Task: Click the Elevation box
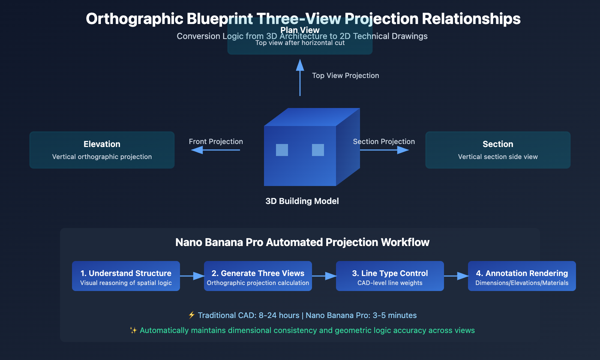tap(102, 150)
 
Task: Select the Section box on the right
tap(498, 150)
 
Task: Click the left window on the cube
tap(282, 150)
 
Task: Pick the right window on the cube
tap(318, 150)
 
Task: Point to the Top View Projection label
tap(345, 76)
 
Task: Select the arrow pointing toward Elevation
tap(215, 150)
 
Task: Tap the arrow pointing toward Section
tap(384, 150)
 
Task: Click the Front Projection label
tap(216, 142)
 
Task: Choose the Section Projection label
tap(384, 142)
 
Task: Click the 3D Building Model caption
tap(302, 201)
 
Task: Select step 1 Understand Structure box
tap(126, 276)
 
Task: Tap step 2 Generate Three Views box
tap(258, 276)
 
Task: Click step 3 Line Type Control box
tap(390, 276)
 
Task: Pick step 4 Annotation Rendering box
tap(522, 276)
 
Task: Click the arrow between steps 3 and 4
tap(456, 276)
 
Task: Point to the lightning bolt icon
tap(192, 315)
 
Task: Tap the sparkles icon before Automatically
tap(133, 330)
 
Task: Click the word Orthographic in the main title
tap(134, 19)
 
